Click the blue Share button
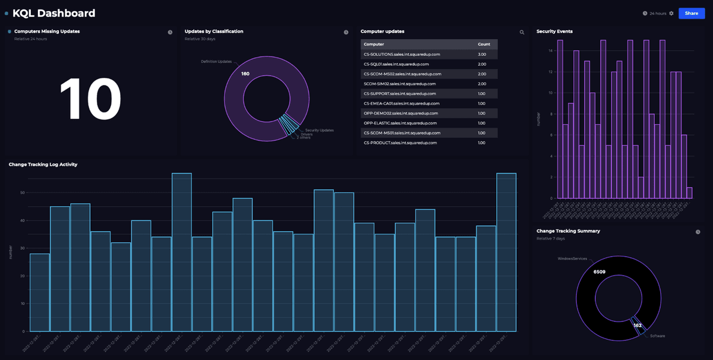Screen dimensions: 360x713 [x=692, y=13]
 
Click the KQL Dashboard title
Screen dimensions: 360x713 [x=53, y=13]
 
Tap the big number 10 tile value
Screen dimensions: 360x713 [x=90, y=99]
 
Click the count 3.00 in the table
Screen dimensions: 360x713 [x=482, y=54]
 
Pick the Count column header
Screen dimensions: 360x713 [x=484, y=44]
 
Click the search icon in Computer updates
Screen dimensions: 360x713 [x=522, y=33]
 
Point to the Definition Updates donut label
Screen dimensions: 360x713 [x=216, y=61]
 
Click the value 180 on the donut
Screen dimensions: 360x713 [x=245, y=74]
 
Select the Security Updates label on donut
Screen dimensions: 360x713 [x=319, y=130]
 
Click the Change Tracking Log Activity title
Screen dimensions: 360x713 [x=43, y=164]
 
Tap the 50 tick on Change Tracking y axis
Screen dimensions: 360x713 [x=23, y=192]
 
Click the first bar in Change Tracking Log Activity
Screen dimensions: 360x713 [x=40, y=292]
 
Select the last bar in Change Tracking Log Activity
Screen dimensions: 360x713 [x=506, y=252]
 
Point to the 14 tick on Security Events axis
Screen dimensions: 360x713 [x=551, y=50]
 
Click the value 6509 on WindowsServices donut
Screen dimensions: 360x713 [x=600, y=271]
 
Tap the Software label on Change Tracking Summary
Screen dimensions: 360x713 [x=657, y=336]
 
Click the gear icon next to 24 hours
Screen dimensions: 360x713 [x=671, y=13]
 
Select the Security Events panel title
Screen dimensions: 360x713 [x=554, y=31]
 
